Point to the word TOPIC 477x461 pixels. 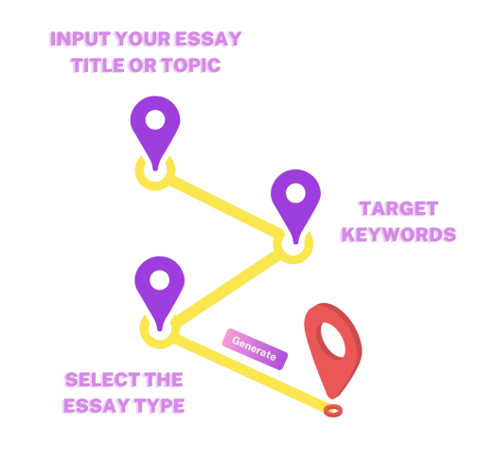(x=191, y=65)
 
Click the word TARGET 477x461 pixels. (x=398, y=208)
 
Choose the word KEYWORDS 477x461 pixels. (x=398, y=235)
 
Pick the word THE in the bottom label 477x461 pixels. (x=164, y=380)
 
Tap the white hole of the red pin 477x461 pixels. (x=333, y=340)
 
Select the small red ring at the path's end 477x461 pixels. (x=333, y=411)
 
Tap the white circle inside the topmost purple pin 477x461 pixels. (x=155, y=119)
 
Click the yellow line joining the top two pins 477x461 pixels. (x=224, y=207)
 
